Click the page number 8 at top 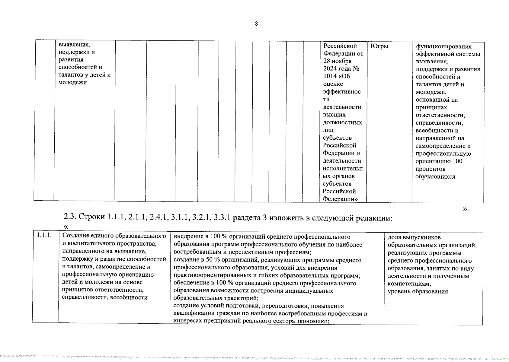[x=256, y=24]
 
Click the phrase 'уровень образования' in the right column [x=418, y=291]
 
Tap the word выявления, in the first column [x=74, y=44]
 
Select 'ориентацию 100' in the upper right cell [x=439, y=161]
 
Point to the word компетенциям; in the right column [x=409, y=284]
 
